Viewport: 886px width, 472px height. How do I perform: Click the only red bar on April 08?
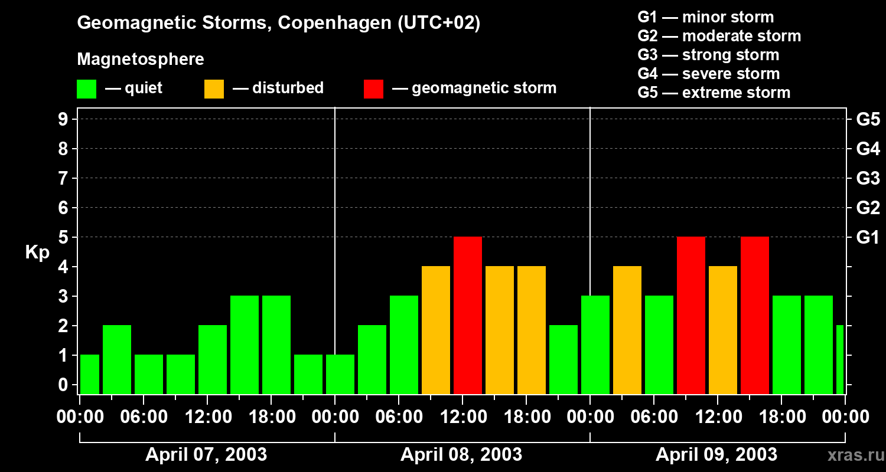[468, 315]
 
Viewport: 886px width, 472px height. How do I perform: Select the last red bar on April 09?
[754, 315]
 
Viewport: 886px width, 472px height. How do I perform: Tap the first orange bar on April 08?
[436, 330]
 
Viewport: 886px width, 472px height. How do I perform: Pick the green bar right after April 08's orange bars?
[563, 359]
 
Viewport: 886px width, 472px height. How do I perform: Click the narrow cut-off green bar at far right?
[840, 359]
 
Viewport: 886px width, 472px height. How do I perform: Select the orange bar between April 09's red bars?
[723, 330]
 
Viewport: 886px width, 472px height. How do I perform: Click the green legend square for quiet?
[86, 89]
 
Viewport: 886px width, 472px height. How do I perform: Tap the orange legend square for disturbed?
[214, 89]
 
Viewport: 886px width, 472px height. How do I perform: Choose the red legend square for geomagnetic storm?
[373, 89]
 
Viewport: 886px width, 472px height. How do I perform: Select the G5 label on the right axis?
[868, 120]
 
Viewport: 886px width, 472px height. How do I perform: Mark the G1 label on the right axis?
[868, 238]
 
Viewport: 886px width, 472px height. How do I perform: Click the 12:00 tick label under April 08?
[462, 417]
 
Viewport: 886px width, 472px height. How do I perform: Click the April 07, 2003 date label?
[206, 455]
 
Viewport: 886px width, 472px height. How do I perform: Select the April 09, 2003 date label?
[716, 455]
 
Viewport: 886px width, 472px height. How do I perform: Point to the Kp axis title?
[37, 253]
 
